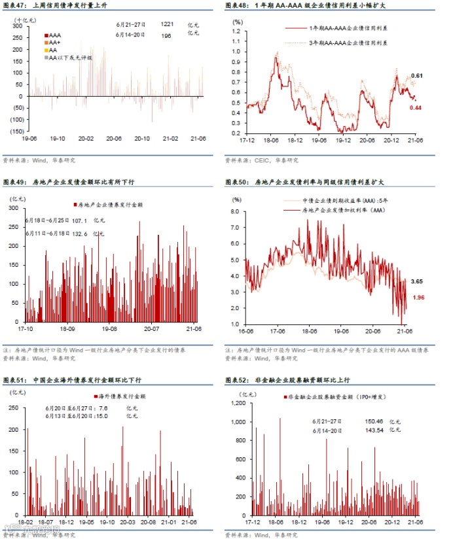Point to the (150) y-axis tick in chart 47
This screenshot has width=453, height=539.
click(x=18, y=131)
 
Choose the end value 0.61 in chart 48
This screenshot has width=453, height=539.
click(x=416, y=77)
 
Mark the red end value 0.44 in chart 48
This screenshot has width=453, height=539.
click(x=416, y=108)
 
